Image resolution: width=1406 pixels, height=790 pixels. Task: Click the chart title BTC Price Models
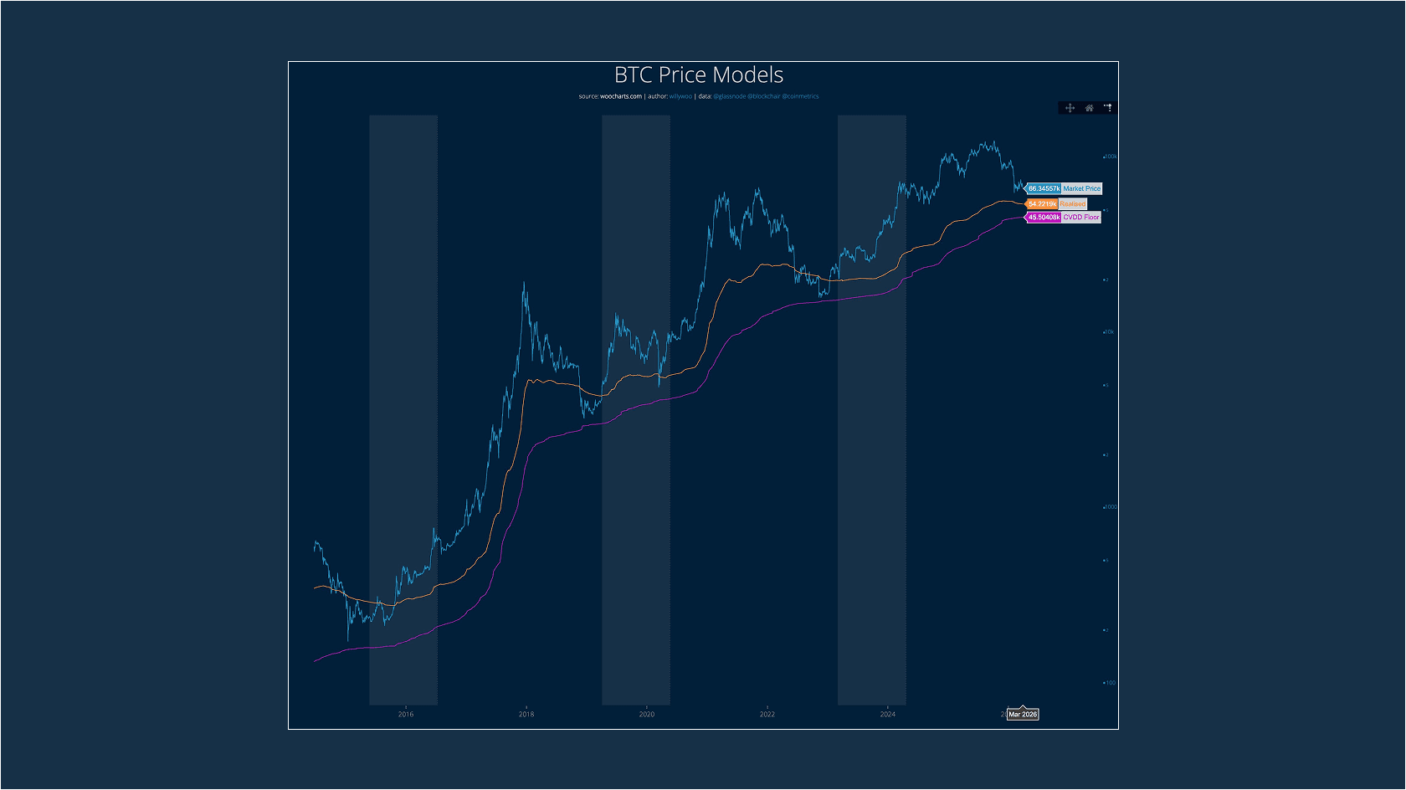coord(699,75)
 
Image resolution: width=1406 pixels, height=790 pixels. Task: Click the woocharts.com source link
coord(621,96)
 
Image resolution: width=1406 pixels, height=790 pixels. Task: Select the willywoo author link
coord(680,96)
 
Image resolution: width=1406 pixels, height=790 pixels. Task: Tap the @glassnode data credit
coord(729,96)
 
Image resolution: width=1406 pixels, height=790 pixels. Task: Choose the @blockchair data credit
coord(764,96)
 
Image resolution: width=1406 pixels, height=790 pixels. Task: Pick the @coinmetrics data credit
coord(801,96)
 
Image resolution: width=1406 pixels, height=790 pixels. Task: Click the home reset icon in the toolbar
coord(1089,108)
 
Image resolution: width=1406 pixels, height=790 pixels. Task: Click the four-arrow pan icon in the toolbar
coord(1070,108)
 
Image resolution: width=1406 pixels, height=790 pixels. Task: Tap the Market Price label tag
coord(1081,189)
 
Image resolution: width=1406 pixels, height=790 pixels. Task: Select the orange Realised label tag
coord(1072,204)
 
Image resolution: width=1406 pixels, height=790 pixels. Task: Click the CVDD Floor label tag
coord(1080,218)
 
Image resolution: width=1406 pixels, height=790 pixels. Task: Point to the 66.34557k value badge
coord(1044,189)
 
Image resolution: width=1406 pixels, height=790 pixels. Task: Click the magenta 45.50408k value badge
coord(1044,218)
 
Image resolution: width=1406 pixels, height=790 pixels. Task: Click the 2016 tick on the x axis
coord(406,714)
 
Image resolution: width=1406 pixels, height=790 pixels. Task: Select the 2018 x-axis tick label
coord(526,714)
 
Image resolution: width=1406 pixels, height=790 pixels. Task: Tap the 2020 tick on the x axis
coord(647,714)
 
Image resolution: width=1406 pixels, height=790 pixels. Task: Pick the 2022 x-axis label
coord(767,714)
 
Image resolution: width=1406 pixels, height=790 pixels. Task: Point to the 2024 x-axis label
coord(888,714)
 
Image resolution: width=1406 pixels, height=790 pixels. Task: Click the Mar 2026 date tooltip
coord(1023,715)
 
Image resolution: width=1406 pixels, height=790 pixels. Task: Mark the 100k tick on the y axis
coord(1111,156)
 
